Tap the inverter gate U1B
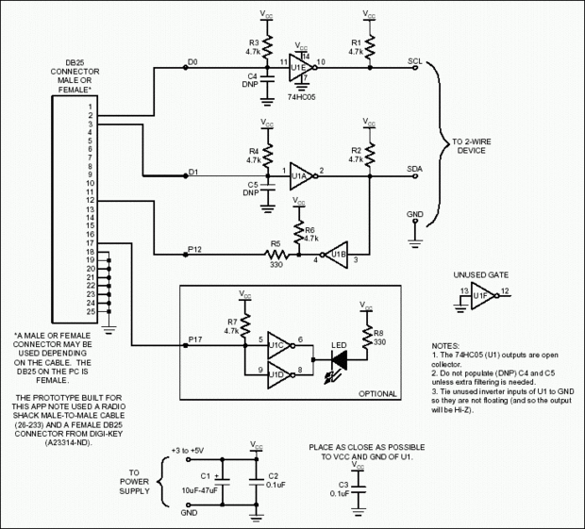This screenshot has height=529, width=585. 338,255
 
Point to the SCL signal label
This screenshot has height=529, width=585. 414,61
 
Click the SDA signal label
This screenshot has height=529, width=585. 414,169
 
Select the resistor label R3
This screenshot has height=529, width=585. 253,43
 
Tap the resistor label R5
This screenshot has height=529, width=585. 276,243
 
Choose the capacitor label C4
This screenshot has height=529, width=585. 253,76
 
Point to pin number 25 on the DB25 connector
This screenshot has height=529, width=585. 91,311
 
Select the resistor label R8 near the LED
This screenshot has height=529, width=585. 376,332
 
